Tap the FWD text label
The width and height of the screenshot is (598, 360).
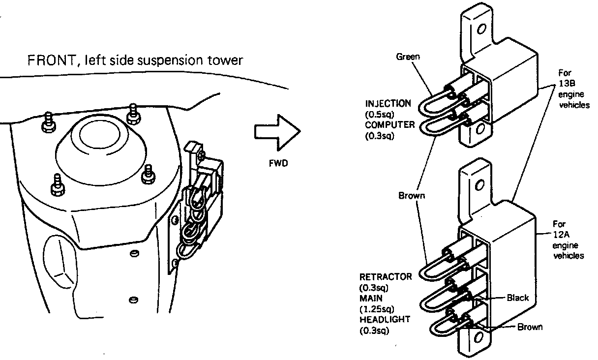[x=278, y=163]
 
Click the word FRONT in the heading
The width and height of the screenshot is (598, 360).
[x=52, y=60]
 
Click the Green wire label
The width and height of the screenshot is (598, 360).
[x=408, y=57]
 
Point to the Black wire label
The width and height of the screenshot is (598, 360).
[x=518, y=298]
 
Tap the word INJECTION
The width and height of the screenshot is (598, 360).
[x=388, y=104]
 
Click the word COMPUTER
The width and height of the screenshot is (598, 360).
[x=390, y=125]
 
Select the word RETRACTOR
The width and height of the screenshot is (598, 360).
[x=386, y=277]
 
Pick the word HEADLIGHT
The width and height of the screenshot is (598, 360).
[x=385, y=319]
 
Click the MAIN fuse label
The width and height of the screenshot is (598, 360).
[x=371, y=299]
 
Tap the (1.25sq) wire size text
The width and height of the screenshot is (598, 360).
[x=377, y=309]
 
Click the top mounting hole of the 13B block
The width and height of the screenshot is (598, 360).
[x=481, y=29]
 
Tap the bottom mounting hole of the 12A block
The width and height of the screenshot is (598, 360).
[x=478, y=338]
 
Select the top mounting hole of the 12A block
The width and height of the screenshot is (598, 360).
[x=480, y=185]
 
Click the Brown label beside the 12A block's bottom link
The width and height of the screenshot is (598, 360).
[x=530, y=327]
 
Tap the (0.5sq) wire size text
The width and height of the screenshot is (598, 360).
[x=379, y=115]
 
